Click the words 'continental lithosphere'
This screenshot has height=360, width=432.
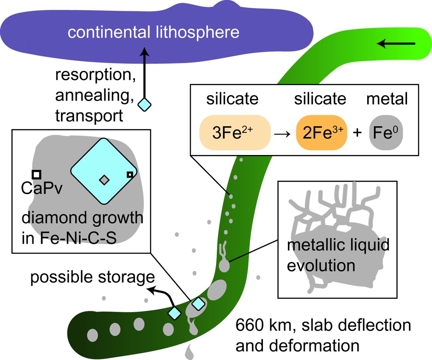coord(153,32)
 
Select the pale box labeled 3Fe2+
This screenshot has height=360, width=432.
coord(235,132)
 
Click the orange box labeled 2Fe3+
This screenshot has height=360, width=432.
coord(321,132)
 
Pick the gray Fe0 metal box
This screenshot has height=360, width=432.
coord(386,132)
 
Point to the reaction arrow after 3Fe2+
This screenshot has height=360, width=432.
coord(282,133)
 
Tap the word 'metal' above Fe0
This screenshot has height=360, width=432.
coord(387,99)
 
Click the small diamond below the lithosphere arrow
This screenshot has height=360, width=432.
coord(144,105)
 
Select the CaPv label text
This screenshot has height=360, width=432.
coord(42,188)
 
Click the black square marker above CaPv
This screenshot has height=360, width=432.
coord(36,174)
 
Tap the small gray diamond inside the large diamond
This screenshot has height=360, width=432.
coord(104,180)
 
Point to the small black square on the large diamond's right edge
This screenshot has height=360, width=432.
coord(130,174)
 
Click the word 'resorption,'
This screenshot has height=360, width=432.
coord(96,75)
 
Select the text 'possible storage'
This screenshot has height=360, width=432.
coord(92,277)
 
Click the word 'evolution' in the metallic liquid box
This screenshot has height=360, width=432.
coord(321,265)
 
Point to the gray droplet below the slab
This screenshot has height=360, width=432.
coord(190,352)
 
